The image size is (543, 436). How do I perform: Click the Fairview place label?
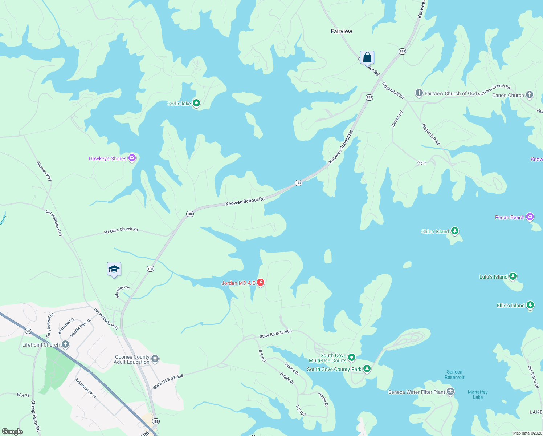tap(341, 31)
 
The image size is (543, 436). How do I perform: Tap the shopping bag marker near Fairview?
tap(367, 57)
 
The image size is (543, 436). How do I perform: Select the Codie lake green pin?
tap(196, 103)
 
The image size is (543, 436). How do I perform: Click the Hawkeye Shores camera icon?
tap(132, 158)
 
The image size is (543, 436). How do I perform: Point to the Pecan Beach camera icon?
tap(530, 217)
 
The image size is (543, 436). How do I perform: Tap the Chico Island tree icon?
tap(454, 231)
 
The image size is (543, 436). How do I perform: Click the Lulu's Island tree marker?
tap(513, 276)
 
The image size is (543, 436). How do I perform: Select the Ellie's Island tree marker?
tap(530, 305)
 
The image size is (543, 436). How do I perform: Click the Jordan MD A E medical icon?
tap(260, 282)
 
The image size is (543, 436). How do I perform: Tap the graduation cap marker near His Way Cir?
tap(114, 269)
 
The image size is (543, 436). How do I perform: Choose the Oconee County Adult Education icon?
tap(155, 359)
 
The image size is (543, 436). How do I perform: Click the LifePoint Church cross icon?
tap(65, 344)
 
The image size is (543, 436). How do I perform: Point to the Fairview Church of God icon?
tap(419, 93)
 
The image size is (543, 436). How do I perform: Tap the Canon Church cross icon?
tap(529, 95)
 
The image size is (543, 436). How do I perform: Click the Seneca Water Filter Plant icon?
tap(450, 392)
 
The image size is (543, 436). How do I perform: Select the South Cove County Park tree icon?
tap(367, 369)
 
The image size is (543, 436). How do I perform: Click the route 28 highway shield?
tap(28, 331)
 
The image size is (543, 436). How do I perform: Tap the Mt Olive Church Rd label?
tap(121, 230)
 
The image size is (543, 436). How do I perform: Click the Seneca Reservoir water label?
tap(454, 374)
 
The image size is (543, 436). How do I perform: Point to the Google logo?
tap(12, 432)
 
